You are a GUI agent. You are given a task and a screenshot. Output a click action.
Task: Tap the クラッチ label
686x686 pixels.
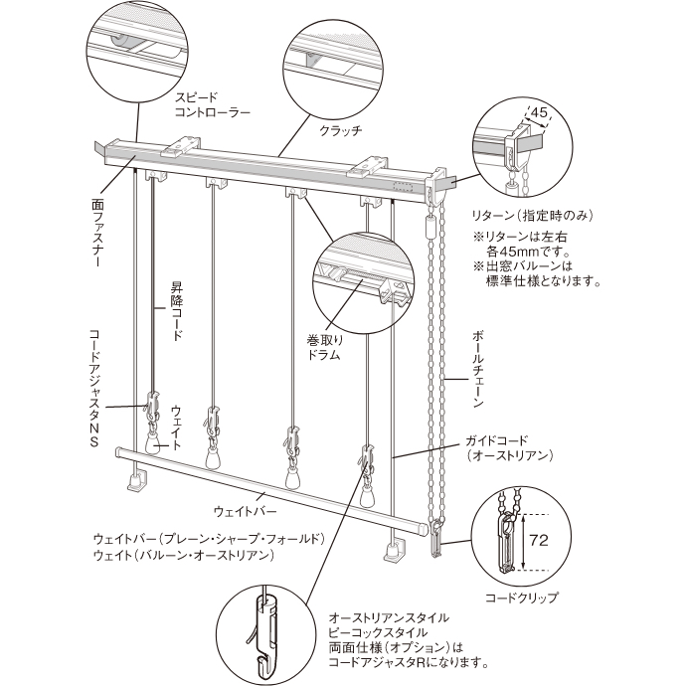pos(340,130)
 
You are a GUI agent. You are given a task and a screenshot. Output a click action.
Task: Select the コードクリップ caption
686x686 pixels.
pos(521,598)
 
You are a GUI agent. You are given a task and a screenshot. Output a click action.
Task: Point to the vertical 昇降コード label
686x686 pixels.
pos(177,311)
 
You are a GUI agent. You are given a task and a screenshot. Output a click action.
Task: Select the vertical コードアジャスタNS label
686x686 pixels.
pos(94,390)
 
